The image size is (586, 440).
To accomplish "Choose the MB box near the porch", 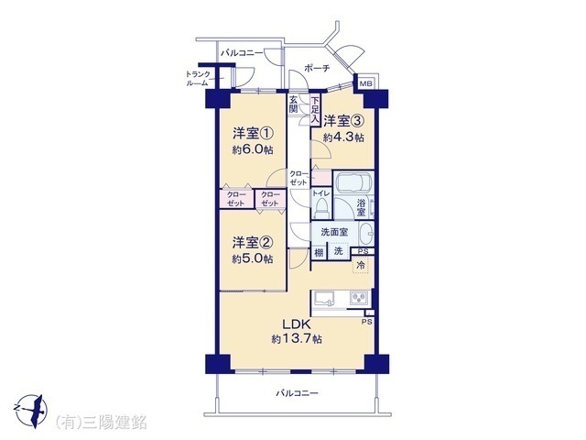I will click(365, 84).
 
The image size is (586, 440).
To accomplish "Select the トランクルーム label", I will click(198, 79).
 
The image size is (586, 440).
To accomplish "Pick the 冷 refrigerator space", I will click(363, 265).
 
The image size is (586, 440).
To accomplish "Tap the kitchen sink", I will click(325, 298).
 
